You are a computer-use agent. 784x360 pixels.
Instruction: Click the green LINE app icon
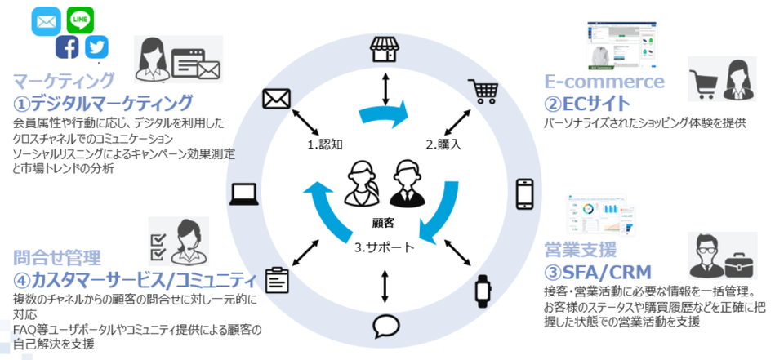tap(80, 20)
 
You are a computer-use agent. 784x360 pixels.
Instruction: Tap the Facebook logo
tap(68, 47)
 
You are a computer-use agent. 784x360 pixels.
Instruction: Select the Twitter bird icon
tap(96, 47)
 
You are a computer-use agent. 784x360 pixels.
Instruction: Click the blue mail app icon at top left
tap(46, 21)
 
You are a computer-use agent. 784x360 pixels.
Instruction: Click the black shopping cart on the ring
tap(483, 91)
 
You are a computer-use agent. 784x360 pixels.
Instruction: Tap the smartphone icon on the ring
tap(525, 194)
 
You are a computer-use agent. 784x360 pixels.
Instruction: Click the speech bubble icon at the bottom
tap(384, 327)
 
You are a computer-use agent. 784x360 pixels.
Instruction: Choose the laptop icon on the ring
tap(244, 193)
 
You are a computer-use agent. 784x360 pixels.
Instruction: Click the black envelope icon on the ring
tap(277, 99)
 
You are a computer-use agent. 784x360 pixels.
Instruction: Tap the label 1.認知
tap(324, 144)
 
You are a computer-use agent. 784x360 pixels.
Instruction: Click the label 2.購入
tap(443, 144)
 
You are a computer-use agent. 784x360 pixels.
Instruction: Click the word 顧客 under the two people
tap(382, 222)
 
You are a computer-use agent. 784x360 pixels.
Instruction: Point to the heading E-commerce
tap(604, 82)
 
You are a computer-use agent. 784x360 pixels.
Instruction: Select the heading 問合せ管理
tap(57, 258)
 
